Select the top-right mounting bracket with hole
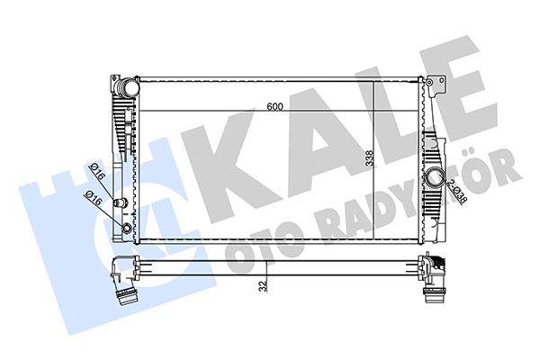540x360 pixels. (x=438, y=85)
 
